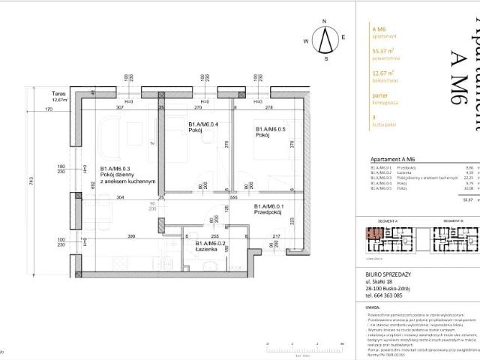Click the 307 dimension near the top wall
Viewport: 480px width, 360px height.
tap(118, 108)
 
